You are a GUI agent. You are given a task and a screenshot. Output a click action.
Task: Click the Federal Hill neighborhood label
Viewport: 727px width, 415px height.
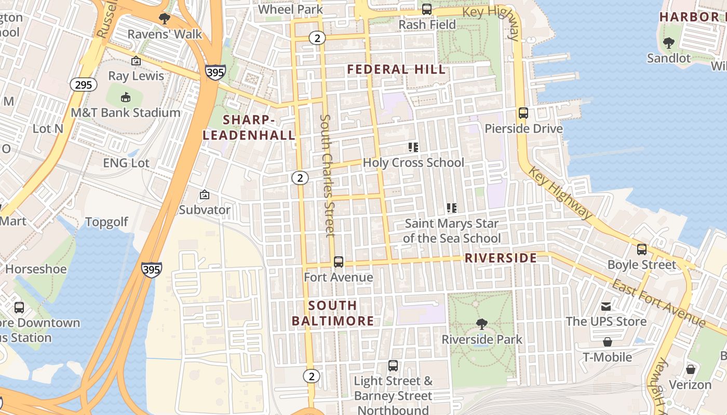(396, 70)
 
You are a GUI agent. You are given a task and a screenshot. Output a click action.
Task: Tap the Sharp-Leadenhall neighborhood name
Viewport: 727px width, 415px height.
(249, 128)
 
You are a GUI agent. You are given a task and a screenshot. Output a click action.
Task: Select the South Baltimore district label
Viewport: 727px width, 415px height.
(332, 313)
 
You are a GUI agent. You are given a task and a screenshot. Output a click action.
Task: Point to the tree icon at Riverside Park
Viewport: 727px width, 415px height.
(482, 324)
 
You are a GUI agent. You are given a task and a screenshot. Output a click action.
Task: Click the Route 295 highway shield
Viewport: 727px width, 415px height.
(84, 85)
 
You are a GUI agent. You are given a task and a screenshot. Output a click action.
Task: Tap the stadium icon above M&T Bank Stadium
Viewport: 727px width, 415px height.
(125, 97)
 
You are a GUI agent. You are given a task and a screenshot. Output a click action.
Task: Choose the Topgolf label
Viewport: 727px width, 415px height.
(106, 223)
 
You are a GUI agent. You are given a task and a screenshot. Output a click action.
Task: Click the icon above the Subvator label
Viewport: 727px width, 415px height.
(205, 195)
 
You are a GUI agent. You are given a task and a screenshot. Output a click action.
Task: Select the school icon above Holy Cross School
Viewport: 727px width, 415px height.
(413, 147)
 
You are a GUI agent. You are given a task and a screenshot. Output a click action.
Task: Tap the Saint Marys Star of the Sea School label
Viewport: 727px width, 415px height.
(452, 231)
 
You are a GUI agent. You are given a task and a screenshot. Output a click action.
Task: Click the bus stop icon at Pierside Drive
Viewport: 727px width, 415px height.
(523, 113)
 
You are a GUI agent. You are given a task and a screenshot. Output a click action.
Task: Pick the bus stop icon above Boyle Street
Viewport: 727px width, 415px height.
(642, 250)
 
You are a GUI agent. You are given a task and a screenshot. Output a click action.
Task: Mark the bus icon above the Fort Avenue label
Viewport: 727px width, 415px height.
(339, 262)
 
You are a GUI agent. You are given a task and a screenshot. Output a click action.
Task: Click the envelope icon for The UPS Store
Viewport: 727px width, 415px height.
(606, 306)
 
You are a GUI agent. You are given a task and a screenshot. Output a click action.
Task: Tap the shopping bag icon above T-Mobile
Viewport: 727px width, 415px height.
(607, 342)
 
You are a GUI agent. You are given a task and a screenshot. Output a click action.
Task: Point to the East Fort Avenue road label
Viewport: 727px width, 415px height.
(658, 303)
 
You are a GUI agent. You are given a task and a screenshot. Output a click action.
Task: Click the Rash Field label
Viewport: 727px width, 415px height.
(427, 24)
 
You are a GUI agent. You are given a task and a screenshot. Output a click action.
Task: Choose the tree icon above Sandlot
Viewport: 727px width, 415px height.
(669, 43)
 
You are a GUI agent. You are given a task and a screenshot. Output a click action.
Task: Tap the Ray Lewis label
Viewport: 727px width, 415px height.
(136, 76)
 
